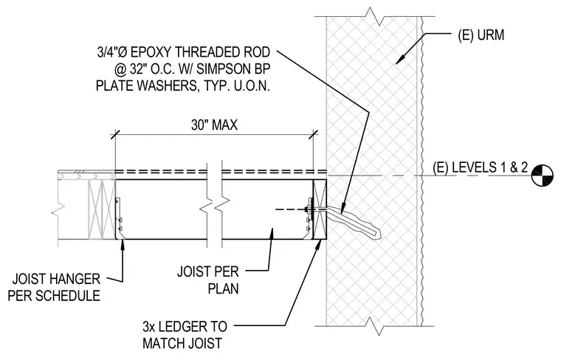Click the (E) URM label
point(481,35)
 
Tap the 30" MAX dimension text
point(214,125)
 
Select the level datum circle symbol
point(542,175)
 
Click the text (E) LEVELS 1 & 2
point(480,167)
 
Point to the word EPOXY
point(151,52)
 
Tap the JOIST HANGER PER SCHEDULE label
point(54,287)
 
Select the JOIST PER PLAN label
point(208,280)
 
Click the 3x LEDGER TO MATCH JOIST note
point(185,335)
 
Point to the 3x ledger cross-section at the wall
point(320,210)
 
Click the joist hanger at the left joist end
point(119,218)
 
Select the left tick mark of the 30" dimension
point(115,135)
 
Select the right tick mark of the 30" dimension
point(314,135)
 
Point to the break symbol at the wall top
point(374,16)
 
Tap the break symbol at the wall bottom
point(374,326)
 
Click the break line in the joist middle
point(215,206)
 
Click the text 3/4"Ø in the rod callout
point(112,52)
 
